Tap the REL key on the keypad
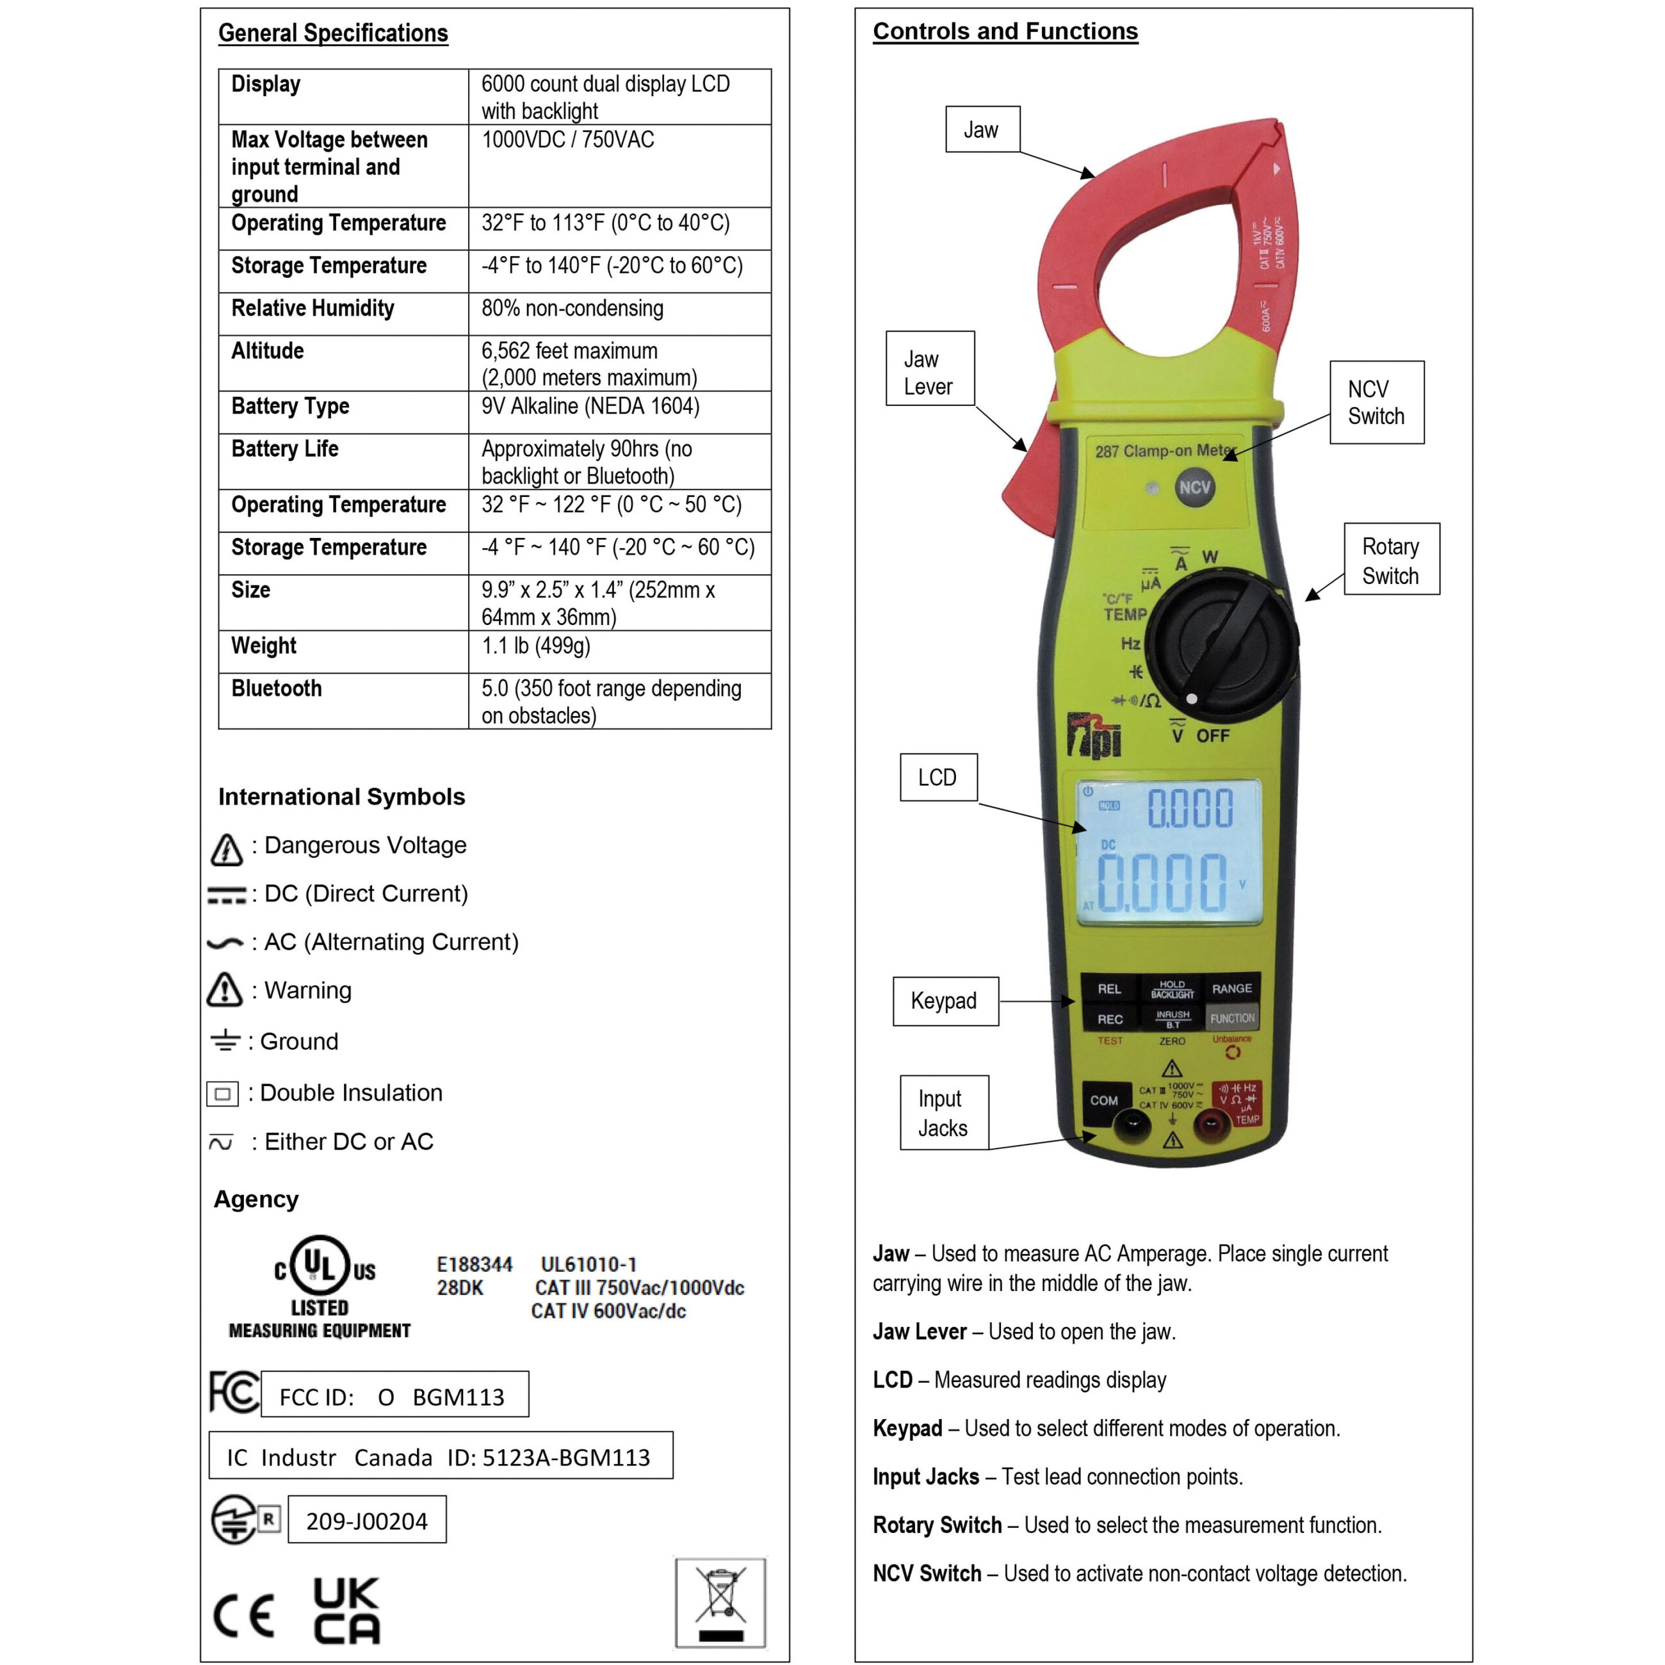pos(1109,989)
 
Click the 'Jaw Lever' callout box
pos(930,368)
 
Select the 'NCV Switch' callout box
pos(1376,402)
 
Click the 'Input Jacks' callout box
pos(944,1112)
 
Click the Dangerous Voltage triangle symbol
pos(227,849)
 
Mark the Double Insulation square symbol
pos(222,1094)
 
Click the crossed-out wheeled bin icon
pos(720,1602)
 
